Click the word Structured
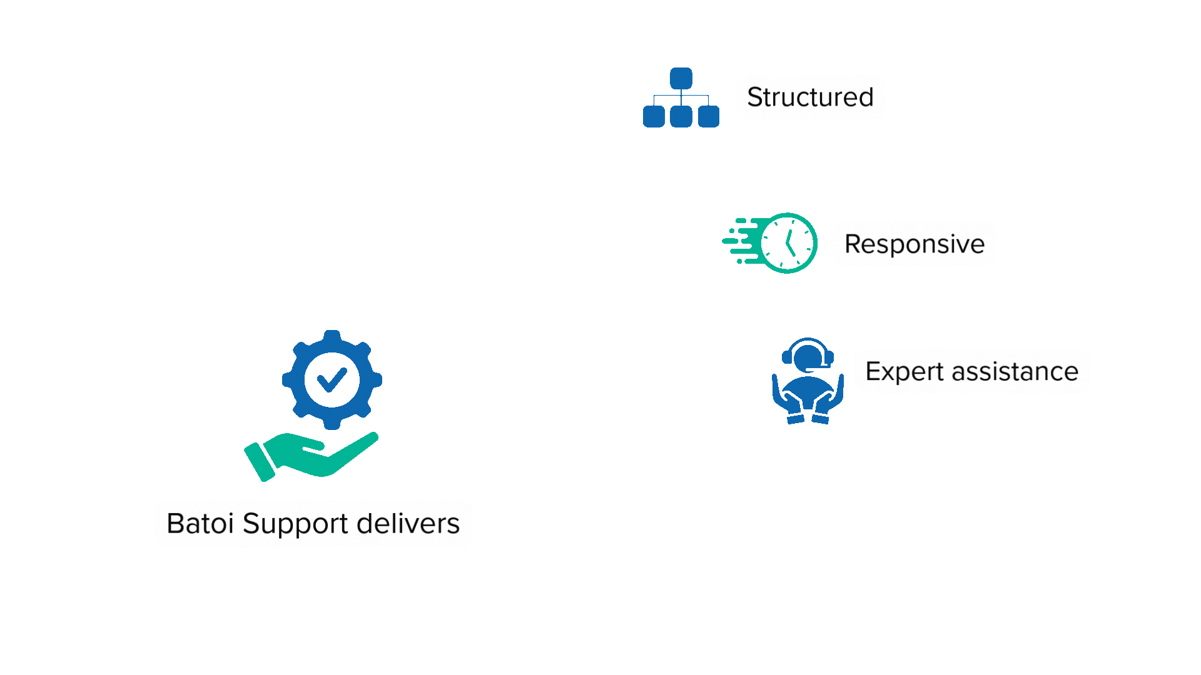coord(810,97)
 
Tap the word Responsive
coord(915,244)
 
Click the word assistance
coord(1015,371)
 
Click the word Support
coord(295,524)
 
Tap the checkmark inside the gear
coord(332,379)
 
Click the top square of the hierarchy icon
coord(681,79)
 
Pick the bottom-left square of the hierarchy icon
coord(654,117)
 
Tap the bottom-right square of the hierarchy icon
coord(708,117)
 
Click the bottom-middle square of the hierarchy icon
coord(681,117)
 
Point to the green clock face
coord(789,243)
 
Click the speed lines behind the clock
coord(741,241)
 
